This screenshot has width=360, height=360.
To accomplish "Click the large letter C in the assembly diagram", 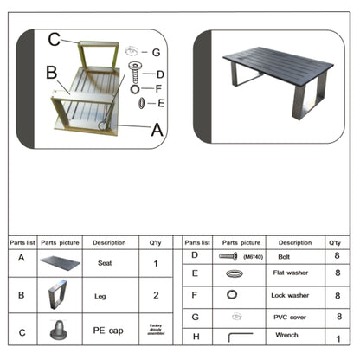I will (55, 39).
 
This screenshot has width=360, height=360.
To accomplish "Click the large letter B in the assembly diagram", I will (51, 72).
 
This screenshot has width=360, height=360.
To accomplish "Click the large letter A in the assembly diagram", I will (156, 131).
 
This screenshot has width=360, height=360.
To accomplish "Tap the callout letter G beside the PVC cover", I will (156, 52).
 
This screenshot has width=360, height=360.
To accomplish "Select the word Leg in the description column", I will (100, 296).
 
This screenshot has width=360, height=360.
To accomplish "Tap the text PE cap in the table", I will (106, 330).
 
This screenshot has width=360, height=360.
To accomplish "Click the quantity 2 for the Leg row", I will (156, 295).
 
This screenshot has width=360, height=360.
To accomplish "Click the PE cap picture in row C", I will (61, 330).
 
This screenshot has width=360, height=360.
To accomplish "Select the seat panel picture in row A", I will (61, 262).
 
